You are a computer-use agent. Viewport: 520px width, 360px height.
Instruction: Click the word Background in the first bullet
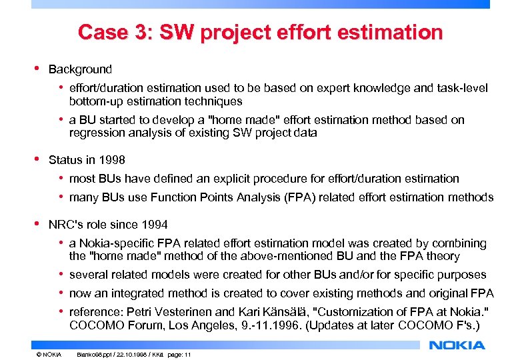(x=80, y=69)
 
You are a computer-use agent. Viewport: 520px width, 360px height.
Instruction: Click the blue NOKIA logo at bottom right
(x=457, y=345)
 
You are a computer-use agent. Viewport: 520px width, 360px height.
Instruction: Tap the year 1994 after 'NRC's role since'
(x=155, y=225)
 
